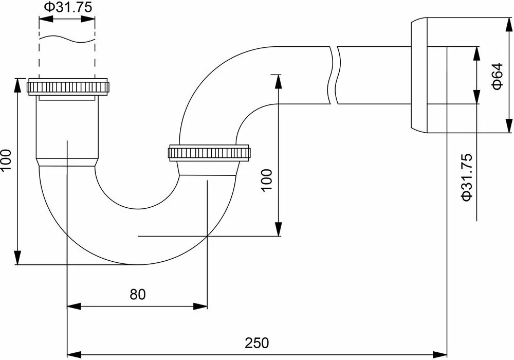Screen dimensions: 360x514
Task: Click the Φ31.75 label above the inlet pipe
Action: click(x=67, y=7)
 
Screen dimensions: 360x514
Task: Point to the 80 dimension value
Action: click(x=137, y=294)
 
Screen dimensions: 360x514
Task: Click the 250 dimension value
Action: click(x=257, y=342)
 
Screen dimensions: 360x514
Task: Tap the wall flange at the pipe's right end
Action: click(x=427, y=76)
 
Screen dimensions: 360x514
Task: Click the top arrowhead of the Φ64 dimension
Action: click(x=508, y=25)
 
